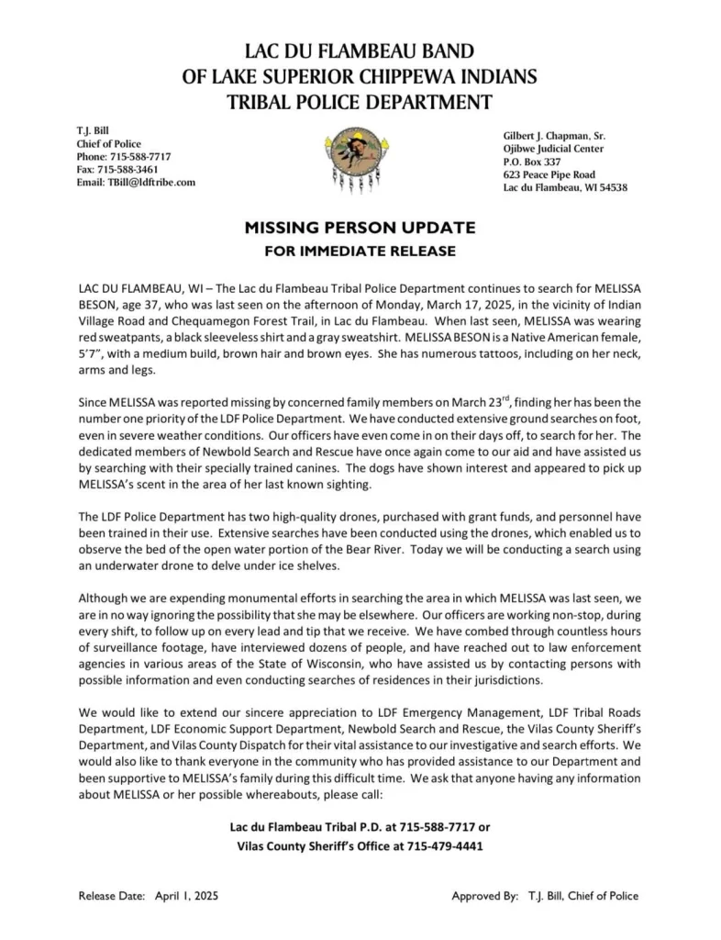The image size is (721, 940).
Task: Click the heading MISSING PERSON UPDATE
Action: (x=360, y=227)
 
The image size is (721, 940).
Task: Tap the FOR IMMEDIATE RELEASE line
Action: (x=360, y=250)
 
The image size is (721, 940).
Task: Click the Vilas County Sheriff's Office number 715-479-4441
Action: (x=445, y=845)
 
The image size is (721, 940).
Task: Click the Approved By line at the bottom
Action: (x=545, y=896)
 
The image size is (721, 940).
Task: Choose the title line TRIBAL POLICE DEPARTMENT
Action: (x=360, y=102)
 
